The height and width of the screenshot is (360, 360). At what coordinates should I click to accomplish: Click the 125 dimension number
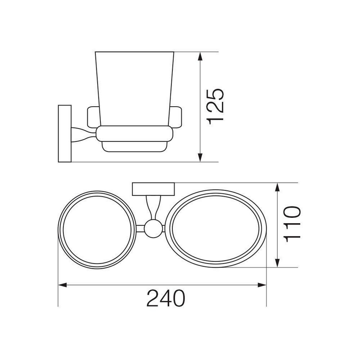215,106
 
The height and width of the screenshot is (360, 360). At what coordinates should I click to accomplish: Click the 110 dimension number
292,224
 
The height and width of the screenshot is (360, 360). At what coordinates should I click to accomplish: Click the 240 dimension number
166,298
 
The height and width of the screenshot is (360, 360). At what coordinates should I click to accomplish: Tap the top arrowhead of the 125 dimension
200,57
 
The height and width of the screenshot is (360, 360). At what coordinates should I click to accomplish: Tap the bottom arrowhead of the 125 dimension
200,157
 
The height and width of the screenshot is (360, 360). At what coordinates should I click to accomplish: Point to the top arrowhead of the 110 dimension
277,187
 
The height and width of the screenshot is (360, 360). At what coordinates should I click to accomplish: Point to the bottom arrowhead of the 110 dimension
277,263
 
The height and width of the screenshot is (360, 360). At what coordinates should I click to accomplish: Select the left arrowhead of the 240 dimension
63,285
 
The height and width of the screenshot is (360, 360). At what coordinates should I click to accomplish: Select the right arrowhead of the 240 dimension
262,285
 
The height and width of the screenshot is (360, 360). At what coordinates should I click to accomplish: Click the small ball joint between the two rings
153,229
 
